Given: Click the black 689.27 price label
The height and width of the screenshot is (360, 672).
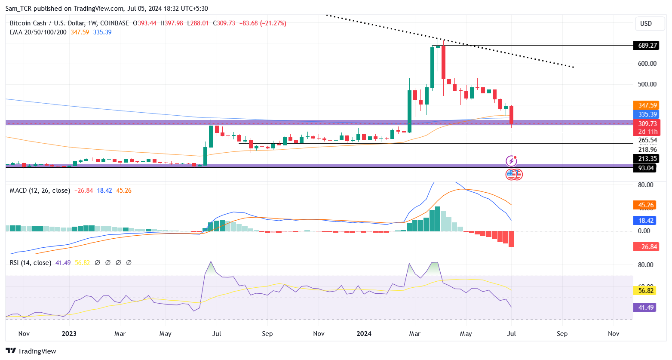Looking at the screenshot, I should (646, 46).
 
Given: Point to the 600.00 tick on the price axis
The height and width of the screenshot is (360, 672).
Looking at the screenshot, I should (647, 64).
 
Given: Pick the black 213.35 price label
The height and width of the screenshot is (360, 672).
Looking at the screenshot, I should (646, 159).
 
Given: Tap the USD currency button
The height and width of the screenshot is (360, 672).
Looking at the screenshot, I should (646, 24).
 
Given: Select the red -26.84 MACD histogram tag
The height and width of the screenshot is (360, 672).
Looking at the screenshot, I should (646, 247).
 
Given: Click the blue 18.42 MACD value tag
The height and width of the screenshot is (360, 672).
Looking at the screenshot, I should (645, 221).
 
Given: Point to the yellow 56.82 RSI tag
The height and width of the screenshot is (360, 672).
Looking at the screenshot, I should (645, 291).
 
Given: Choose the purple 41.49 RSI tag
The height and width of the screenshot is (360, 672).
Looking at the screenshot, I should (645, 308).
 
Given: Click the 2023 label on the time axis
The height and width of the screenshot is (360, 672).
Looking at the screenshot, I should (69, 334).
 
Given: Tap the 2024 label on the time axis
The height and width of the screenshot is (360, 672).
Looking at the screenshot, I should (364, 334).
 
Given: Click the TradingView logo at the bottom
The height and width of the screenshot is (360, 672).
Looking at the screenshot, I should (31, 351).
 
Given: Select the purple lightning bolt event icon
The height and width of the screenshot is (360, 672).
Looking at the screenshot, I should (511, 161).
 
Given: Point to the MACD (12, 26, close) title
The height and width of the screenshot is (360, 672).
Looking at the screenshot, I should (40, 191).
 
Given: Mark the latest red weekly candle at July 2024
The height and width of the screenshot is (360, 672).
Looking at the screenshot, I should (512, 115).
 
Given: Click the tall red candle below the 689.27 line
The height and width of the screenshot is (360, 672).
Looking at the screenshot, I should (443, 62).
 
